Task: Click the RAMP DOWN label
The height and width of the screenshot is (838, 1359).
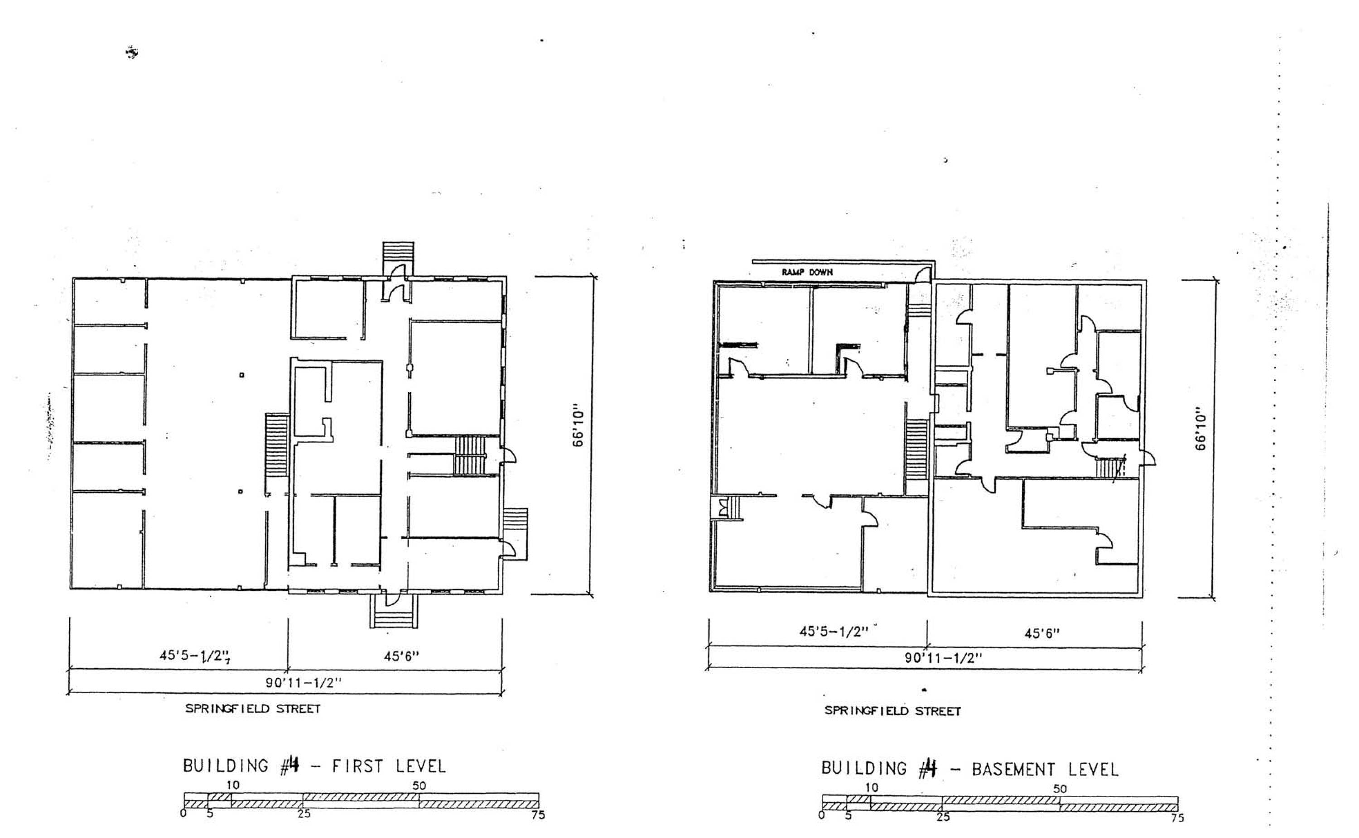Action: point(807,272)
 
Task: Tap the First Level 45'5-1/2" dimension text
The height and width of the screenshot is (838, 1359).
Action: point(195,656)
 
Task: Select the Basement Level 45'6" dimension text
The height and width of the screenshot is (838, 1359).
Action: point(1042,633)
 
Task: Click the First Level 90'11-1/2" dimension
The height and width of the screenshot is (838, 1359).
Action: point(304,682)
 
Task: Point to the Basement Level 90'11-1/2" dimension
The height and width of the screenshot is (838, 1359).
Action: point(943,658)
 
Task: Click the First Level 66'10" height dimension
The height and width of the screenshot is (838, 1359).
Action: point(578,428)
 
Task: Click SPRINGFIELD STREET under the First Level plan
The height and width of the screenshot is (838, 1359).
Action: point(253,709)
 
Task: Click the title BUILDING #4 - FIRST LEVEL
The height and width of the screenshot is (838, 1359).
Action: point(314,766)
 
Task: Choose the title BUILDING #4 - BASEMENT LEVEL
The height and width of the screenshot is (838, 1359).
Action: point(970,769)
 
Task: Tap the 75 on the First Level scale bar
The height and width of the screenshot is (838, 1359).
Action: point(538,815)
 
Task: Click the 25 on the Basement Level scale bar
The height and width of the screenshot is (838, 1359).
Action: point(943,817)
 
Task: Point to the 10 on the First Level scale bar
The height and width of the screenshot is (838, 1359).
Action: point(233,785)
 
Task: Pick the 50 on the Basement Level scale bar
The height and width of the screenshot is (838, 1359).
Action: point(1060,789)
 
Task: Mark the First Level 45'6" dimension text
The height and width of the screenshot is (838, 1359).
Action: point(401,656)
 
